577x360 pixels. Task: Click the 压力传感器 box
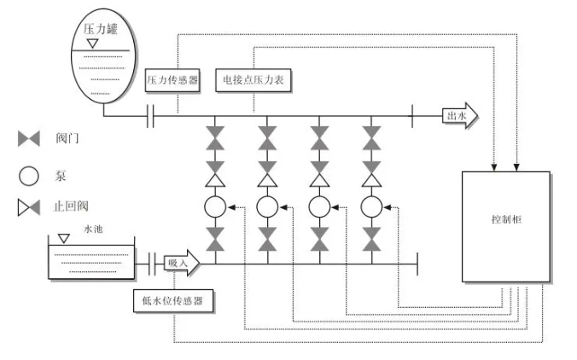(172, 80)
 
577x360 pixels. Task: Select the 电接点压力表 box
(254, 80)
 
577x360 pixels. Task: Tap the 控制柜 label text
(507, 219)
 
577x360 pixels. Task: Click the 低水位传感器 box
(173, 301)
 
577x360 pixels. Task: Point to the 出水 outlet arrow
(460, 116)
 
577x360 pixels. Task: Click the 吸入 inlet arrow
(182, 263)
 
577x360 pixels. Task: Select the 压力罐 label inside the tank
(100, 29)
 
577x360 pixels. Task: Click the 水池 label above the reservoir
(93, 229)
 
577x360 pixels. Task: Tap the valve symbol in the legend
(29, 139)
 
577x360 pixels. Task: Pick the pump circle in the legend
(29, 176)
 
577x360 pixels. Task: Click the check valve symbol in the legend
(29, 207)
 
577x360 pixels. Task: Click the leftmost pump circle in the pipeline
(215, 206)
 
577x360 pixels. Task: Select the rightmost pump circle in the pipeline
(371, 206)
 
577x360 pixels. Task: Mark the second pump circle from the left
(267, 206)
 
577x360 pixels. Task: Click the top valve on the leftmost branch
(215, 138)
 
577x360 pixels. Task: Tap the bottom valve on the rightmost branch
(371, 239)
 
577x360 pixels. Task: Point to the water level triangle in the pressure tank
(93, 44)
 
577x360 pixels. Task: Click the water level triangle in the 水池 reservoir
(64, 239)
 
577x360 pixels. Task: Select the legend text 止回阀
(71, 206)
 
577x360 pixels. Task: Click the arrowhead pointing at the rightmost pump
(388, 207)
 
